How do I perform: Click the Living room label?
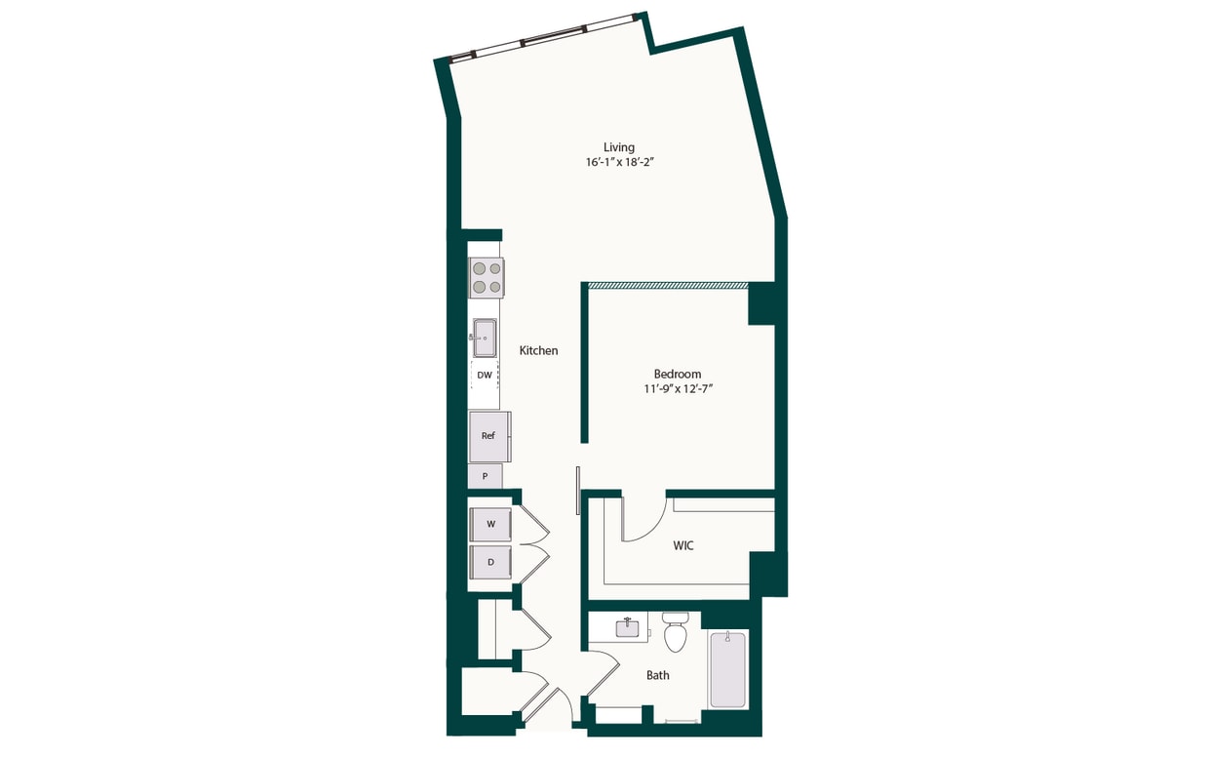click(x=618, y=147)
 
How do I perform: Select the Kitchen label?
click(x=538, y=350)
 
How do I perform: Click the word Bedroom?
click(x=677, y=374)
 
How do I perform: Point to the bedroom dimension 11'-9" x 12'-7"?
click(x=677, y=389)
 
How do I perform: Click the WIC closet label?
click(x=682, y=545)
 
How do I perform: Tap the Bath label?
click(x=658, y=675)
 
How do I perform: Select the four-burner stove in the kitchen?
click(x=487, y=277)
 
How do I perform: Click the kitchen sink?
click(x=485, y=339)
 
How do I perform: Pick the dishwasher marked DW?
click(x=485, y=375)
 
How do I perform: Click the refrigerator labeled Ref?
click(x=488, y=436)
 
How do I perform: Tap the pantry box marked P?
click(x=485, y=477)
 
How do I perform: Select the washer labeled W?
click(x=490, y=524)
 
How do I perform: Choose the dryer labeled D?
click(x=490, y=562)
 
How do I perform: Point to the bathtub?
click(x=727, y=670)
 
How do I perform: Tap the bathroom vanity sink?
click(x=627, y=627)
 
